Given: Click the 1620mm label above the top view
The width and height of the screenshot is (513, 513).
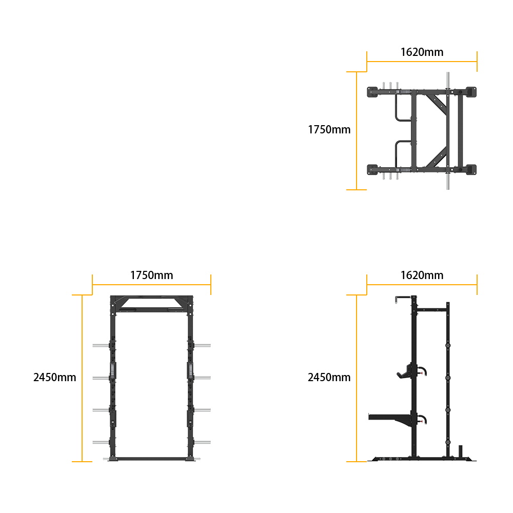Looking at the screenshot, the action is pos(422,52).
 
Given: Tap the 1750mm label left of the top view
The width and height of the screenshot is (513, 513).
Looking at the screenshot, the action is pos(329,130).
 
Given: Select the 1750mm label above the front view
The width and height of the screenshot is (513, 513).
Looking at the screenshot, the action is pos(151,275).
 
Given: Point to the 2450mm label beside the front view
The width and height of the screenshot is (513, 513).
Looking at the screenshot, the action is pos(55,378).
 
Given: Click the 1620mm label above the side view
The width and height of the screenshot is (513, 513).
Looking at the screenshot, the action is pos(422,275).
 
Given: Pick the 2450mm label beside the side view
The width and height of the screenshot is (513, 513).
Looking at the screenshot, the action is pos(329,378).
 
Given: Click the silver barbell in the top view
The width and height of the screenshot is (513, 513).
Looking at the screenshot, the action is pos(448,131).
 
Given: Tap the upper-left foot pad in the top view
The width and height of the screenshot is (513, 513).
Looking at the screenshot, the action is pos(372,92).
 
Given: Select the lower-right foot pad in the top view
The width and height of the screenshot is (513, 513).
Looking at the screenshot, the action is pos(471,170).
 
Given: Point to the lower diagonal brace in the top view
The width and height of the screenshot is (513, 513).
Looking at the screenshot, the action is pos(437,157).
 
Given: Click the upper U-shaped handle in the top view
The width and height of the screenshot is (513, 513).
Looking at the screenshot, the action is pos(403,108).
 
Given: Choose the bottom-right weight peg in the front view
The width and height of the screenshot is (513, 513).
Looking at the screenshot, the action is pos(202,442).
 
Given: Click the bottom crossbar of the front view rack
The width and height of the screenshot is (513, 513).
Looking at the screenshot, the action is pos(151,459).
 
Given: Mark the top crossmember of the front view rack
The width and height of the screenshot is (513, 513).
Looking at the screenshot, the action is pos(151,303).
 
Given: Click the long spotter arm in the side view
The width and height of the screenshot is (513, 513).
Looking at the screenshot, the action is pos(389,418).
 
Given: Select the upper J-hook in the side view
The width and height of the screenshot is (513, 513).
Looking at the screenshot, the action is pos(406,372).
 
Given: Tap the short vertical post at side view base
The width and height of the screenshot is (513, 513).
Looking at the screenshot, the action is pos(460,451).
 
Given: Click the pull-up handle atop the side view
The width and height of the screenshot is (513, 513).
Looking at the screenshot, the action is pos(403,298).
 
